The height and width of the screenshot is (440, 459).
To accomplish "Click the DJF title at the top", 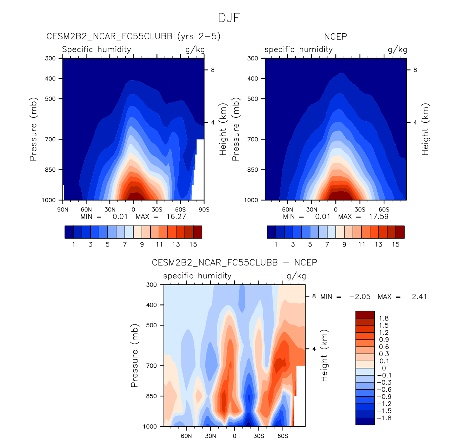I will point(229,18).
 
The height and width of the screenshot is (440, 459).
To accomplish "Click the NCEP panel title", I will point(335,36).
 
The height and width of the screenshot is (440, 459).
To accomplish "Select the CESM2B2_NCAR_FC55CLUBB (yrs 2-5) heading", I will point(133,36).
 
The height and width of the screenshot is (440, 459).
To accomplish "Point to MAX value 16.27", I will point(176,216).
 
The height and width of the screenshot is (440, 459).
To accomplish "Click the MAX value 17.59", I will point(379,216).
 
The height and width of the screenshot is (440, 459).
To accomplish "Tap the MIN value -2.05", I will point(360,297).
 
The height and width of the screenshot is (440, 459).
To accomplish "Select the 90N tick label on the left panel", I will point(63,210).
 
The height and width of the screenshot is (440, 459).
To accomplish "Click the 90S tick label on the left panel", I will point(204,210).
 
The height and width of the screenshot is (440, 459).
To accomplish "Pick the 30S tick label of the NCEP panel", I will point(360,210).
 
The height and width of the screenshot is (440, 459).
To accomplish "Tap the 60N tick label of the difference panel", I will point(186,436).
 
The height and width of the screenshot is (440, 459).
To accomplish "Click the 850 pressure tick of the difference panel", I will point(151,396).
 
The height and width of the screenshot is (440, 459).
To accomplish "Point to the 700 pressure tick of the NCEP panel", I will point(253,139).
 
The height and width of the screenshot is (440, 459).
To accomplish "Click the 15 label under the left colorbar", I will point(193,245).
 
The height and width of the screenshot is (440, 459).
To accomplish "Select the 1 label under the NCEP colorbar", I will point(276,245).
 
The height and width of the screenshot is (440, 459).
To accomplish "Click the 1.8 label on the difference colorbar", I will point(384,318).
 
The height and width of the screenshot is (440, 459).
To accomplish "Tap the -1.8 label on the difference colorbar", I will point(384,418).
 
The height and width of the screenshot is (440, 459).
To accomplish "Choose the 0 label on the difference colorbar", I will point(384,368).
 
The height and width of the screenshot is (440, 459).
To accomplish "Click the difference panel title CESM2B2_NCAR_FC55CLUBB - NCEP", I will point(234,263).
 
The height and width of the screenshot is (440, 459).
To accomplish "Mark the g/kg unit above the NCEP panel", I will point(397,49).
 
